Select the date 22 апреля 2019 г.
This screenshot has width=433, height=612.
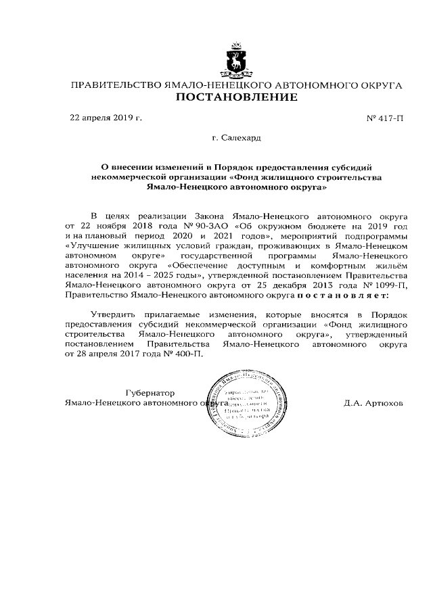pyautogui.click(x=106, y=118)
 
